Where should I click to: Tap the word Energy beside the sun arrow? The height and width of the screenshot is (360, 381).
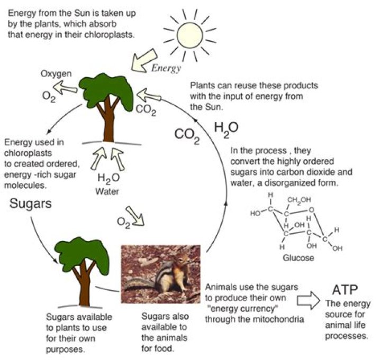[x=166, y=68]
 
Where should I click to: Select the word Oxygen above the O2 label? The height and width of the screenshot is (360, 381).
[x=56, y=74]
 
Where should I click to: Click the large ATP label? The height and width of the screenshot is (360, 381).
[x=344, y=290]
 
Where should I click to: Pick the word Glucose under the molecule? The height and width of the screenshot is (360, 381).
[x=300, y=258]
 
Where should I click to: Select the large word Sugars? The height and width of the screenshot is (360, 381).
[x=31, y=203]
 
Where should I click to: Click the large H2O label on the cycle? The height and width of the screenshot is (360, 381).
[x=226, y=128]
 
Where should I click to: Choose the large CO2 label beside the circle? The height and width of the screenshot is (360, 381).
[x=187, y=136]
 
